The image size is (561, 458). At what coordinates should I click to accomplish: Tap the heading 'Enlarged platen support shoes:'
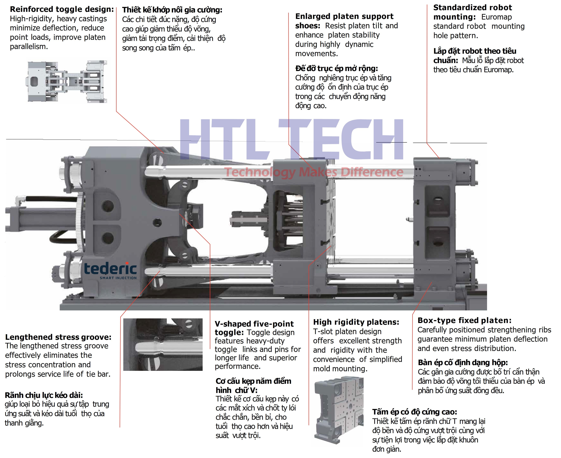click(344, 21)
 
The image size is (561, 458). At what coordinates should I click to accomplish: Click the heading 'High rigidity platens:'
click(356, 322)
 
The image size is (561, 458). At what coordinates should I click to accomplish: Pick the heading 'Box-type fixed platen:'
click(464, 320)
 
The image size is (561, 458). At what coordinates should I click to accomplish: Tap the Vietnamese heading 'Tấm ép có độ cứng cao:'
click(415, 412)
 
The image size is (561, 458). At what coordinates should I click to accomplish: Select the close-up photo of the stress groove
click(163, 345)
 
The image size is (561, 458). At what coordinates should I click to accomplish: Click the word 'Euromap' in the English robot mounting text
click(496, 17)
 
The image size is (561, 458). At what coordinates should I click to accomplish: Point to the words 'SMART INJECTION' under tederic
click(118, 278)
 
